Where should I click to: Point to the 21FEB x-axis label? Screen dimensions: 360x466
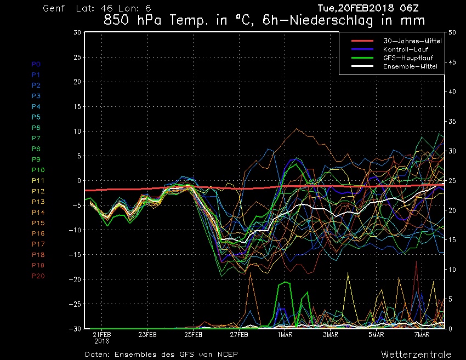(x=102, y=334)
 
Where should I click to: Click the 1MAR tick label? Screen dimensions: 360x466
(x=285, y=334)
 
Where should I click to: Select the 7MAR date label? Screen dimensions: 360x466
(x=422, y=334)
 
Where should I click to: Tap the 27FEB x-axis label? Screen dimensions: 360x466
(x=240, y=334)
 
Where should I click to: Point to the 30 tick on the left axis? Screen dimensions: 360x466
(x=77, y=33)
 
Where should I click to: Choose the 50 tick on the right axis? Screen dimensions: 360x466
(x=452, y=33)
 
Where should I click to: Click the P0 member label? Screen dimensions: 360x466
(x=36, y=64)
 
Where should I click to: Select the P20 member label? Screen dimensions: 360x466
(x=38, y=276)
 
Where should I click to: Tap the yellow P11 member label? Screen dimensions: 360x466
(x=38, y=180)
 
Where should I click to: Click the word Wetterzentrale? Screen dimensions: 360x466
(x=416, y=354)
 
